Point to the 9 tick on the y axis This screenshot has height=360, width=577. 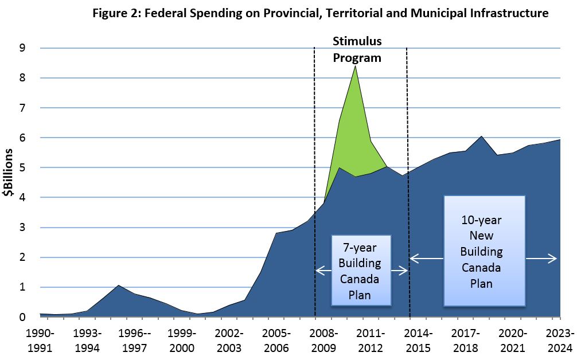pyautogui.click(x=22, y=48)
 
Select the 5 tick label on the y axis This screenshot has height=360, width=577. pyautogui.click(x=22, y=168)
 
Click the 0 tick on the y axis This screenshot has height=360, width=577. pyautogui.click(x=22, y=317)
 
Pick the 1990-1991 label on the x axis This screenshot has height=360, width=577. pyautogui.click(x=40, y=340)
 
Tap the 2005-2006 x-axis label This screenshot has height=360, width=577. pyautogui.click(x=276, y=340)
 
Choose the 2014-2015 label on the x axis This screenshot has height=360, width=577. pyautogui.click(x=419, y=340)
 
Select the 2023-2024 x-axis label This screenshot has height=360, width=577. pyautogui.click(x=560, y=340)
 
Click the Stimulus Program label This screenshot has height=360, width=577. pyautogui.click(x=357, y=49)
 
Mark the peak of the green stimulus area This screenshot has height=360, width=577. pyautogui.click(x=356, y=66)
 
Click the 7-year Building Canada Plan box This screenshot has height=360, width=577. pyautogui.click(x=361, y=270)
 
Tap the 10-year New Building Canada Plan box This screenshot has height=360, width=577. pyautogui.click(x=485, y=252)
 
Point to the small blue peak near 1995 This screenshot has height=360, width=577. pyautogui.click(x=118, y=285)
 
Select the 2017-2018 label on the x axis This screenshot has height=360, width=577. pyautogui.click(x=466, y=340)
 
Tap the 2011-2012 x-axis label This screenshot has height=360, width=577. pyautogui.click(x=371, y=340)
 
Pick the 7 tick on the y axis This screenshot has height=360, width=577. pyautogui.click(x=22, y=108)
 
